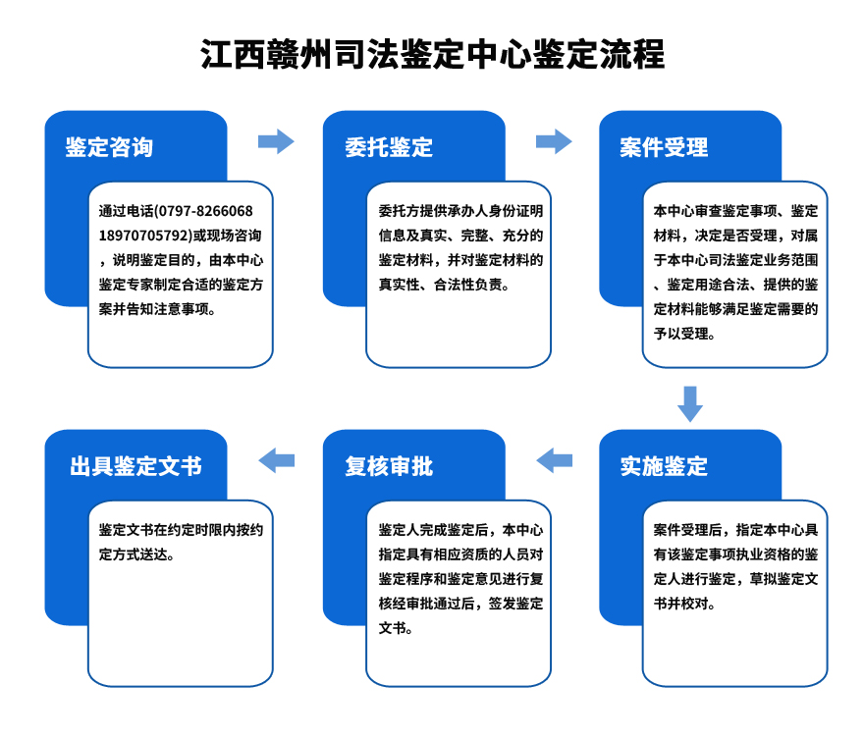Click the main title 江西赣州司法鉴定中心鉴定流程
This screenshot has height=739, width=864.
pos(432,54)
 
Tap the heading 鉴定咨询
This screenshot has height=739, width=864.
pos(109,148)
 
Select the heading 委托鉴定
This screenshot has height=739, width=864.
pos(388,148)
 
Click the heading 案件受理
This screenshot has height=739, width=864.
pos(664,148)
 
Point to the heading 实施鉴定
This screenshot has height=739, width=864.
pos(664,466)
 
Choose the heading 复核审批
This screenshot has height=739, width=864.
pos(388,466)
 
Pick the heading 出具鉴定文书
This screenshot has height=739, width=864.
pos(135,466)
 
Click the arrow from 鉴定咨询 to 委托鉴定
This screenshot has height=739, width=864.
pos(276,141)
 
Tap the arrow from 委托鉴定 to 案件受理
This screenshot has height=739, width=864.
pos(554,141)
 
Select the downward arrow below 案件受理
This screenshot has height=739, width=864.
pos(690,403)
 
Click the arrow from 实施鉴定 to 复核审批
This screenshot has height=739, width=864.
pos(555,458)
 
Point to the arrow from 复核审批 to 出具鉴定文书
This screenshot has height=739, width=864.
pos(276,458)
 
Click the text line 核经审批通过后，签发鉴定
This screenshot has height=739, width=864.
pos(460,603)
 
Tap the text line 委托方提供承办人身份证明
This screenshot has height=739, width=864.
pos(460,211)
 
